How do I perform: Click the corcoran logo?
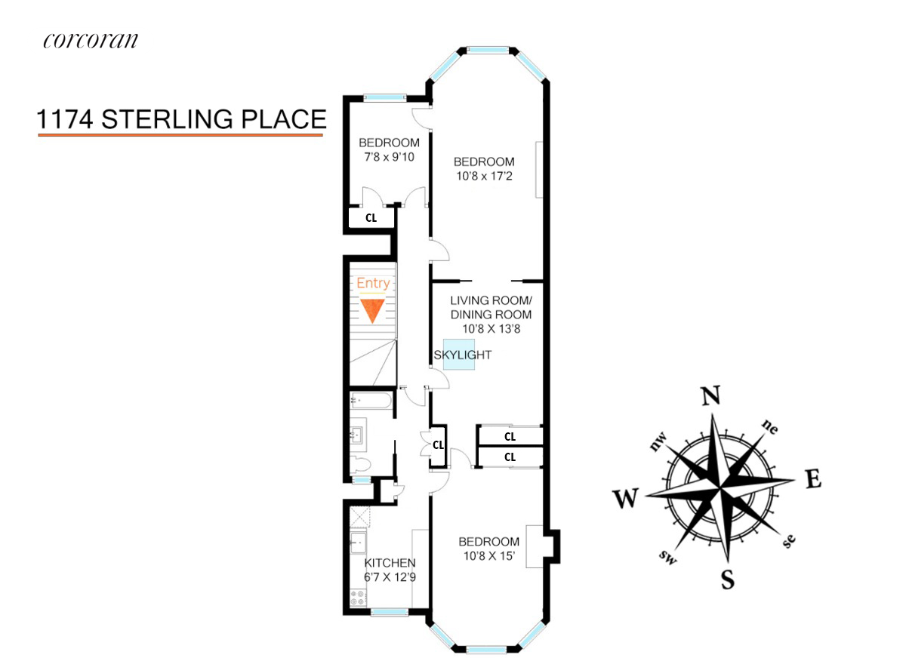coord(91,40)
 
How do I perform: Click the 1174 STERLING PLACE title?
coord(182,119)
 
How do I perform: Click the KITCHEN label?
coord(390,563)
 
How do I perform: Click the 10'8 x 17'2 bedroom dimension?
coord(483,176)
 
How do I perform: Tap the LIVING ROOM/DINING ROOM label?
coord(491,307)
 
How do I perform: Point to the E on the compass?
coord(812,478)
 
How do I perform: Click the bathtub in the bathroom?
coord(371,401)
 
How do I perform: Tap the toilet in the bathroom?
coord(361,463)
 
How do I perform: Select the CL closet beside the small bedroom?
coord(371,217)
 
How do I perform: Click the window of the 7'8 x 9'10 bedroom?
coord(384,97)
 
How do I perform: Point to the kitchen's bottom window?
coord(390,611)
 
